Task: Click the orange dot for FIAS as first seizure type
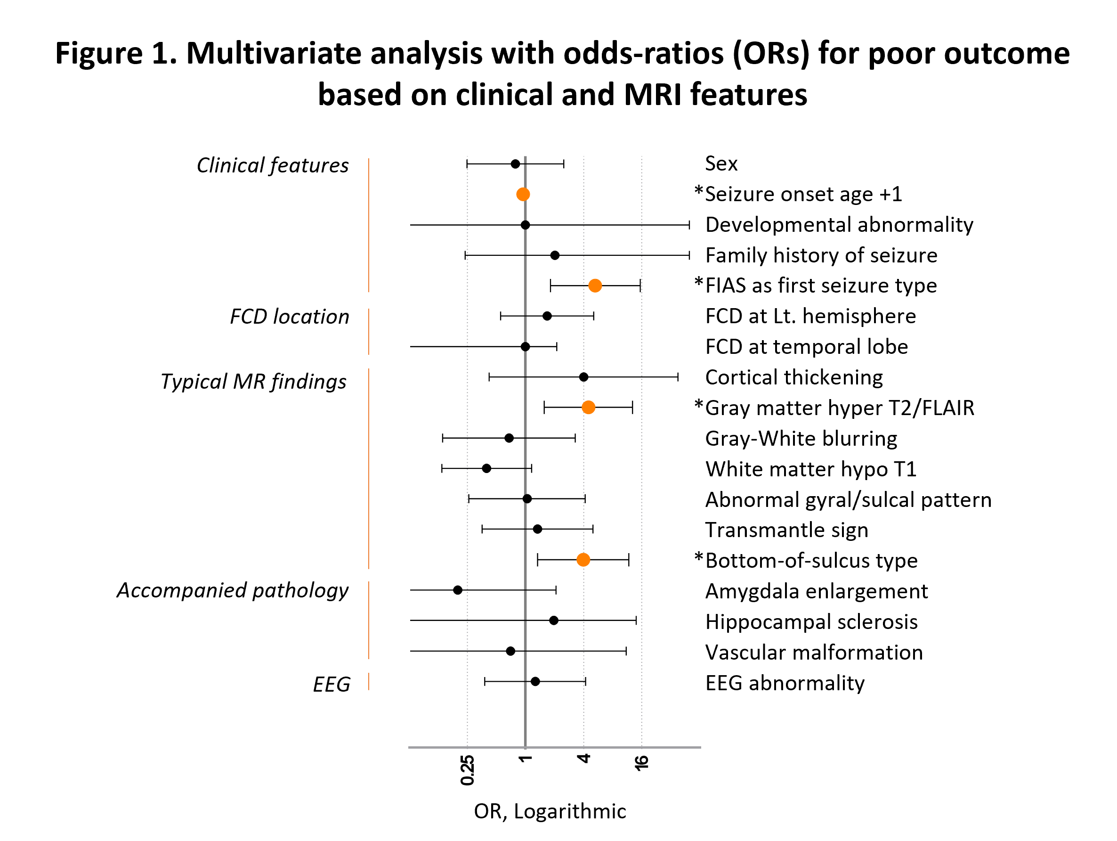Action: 595,286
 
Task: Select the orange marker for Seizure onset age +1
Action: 523,194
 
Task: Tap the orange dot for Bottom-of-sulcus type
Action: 583,560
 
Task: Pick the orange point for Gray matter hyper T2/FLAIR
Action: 588,407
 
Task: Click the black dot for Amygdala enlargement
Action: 458,590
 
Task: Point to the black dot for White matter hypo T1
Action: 486,468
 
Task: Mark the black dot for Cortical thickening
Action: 583,377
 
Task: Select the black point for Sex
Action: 515,163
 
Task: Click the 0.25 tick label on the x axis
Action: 468,770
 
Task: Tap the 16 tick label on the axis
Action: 641,763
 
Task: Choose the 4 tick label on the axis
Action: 584,759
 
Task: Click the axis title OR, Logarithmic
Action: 550,811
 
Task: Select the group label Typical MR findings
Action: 253,381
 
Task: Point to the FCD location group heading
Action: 289,317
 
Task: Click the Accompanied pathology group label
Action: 233,590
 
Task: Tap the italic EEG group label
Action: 331,685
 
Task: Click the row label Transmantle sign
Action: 786,530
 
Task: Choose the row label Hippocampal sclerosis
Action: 811,621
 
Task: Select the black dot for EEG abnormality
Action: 535,681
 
